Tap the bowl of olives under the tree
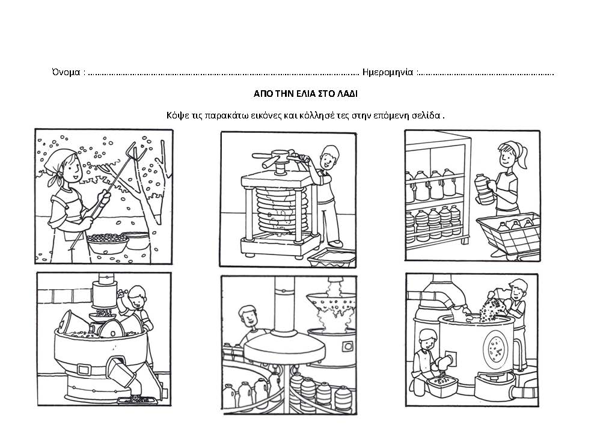(x=108, y=243)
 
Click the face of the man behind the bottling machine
(x=247, y=316)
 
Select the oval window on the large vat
(x=497, y=346)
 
